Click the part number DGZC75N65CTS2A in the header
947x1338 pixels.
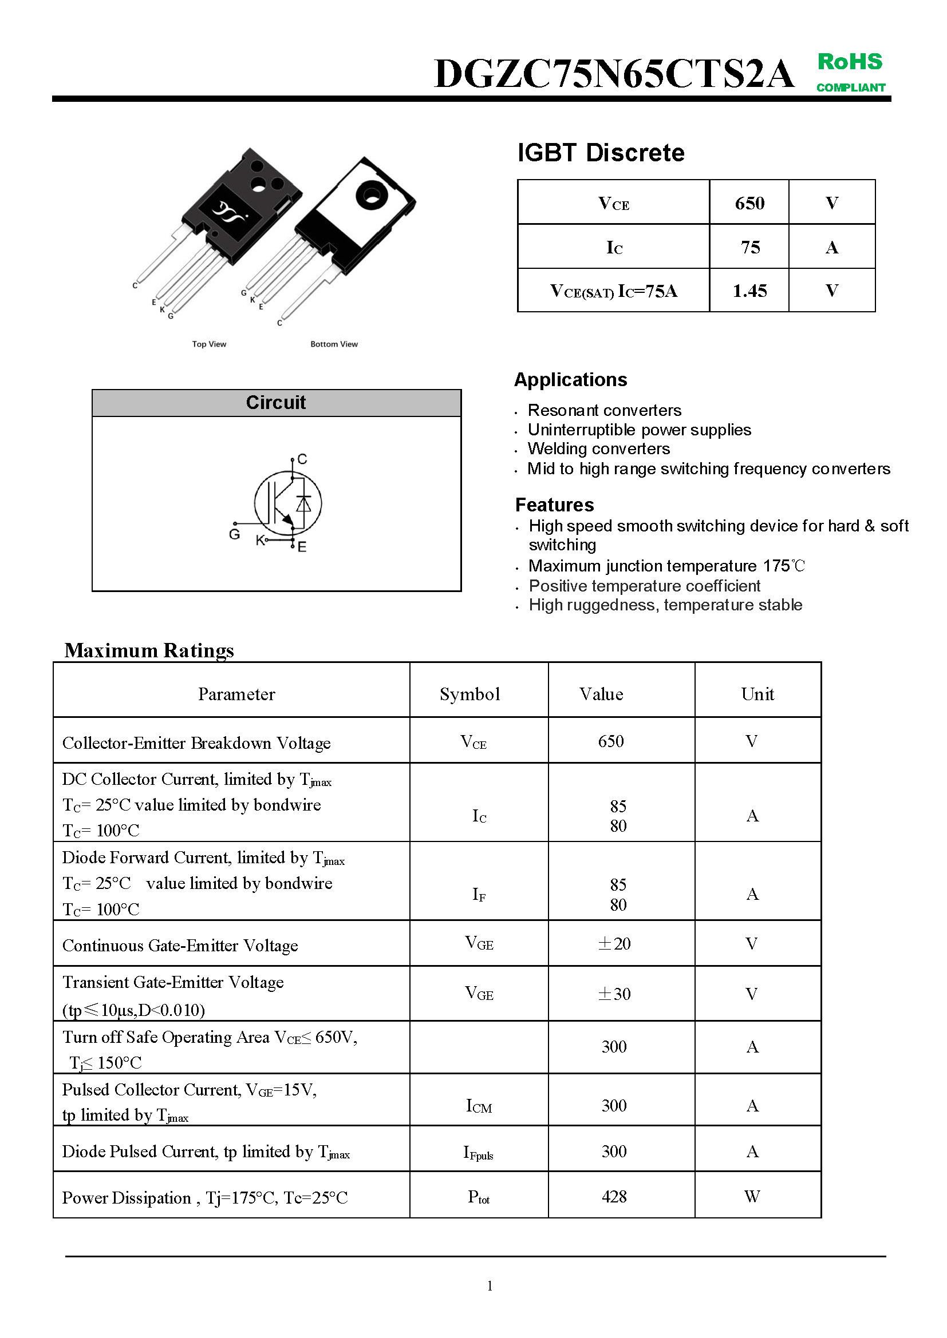coord(613,74)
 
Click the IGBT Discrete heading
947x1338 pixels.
coord(601,153)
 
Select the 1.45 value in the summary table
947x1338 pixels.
coord(749,291)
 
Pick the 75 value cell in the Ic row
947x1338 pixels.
coord(750,247)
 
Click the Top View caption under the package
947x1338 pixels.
coord(209,344)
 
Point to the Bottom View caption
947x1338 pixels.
coord(334,344)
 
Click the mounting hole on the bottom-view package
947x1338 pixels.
coord(370,195)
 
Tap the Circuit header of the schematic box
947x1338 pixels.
coord(276,402)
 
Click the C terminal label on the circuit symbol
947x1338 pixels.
coord(302,459)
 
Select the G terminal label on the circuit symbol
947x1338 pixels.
coord(234,534)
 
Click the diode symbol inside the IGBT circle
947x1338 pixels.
coord(304,503)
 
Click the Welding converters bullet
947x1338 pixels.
coord(598,448)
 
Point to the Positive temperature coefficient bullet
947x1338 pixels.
coord(644,586)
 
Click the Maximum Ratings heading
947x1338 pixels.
coord(149,650)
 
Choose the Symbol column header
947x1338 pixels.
coord(469,693)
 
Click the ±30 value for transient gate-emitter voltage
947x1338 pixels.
coord(614,994)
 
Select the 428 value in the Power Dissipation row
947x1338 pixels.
coord(614,1196)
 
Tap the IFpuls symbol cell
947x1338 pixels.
coord(478,1152)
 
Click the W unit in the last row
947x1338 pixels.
coord(752,1196)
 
